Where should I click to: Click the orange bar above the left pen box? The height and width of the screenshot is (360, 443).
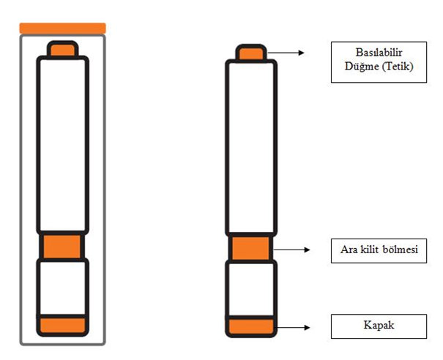click(x=63, y=28)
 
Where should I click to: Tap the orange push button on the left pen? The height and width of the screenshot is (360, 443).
click(x=63, y=50)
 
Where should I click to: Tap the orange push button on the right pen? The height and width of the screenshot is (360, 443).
click(x=250, y=52)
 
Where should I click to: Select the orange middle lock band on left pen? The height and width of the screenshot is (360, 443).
click(x=63, y=246)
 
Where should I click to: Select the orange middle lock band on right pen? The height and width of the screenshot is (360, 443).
click(x=250, y=249)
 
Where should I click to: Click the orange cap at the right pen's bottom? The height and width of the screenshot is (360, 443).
click(x=250, y=326)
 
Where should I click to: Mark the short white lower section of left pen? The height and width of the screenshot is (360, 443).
click(x=63, y=286)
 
